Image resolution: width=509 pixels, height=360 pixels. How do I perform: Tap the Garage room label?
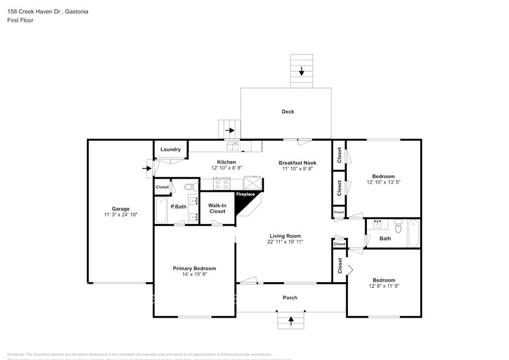(120, 209)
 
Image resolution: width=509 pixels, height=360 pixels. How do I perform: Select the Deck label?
(288, 111)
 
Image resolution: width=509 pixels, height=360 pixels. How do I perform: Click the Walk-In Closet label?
(217, 208)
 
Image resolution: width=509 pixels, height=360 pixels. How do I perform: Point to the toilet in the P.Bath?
(189, 187)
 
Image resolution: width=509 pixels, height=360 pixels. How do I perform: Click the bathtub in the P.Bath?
(162, 211)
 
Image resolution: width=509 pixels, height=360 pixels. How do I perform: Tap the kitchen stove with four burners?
(221, 183)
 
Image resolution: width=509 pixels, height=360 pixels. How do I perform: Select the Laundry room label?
(170, 149)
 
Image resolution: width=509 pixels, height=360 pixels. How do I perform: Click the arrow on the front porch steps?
(291, 320)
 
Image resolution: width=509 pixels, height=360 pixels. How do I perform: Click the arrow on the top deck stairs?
(301, 71)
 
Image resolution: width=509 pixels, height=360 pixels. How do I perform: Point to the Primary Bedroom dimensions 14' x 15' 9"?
(194, 275)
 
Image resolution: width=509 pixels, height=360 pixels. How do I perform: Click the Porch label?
(290, 298)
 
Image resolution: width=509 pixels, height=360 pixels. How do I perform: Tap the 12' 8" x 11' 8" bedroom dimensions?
(384, 286)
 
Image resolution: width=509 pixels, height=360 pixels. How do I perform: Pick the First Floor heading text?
(21, 20)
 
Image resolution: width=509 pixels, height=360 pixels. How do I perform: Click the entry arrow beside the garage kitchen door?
(148, 167)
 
